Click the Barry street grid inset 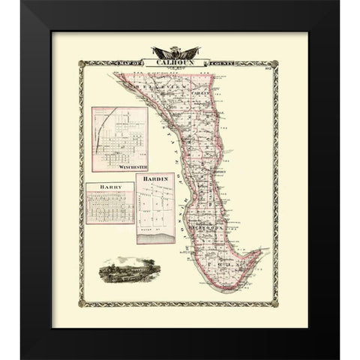[x=109, y=206]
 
